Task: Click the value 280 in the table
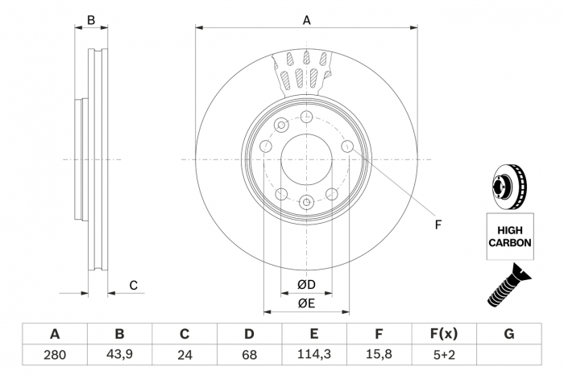coord(55,355)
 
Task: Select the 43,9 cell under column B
coord(119,355)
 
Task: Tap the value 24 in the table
coord(185,355)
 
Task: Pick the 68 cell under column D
coord(249,355)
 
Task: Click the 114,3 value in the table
coord(314,355)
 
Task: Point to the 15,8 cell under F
coord(379,355)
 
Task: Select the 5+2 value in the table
coord(444,355)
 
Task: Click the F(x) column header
coord(444,334)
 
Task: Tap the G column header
coord(509,334)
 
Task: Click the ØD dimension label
coord(306,285)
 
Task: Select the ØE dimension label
coord(306,303)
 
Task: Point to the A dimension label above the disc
coord(306,20)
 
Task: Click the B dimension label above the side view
coord(91,20)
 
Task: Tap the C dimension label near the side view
coord(134,286)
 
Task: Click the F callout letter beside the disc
coord(438,225)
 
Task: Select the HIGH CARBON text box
coord(510,237)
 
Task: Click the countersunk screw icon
coord(508,285)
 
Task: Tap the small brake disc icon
coord(509,187)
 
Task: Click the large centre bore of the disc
coord(306,160)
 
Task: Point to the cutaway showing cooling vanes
coord(302,74)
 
